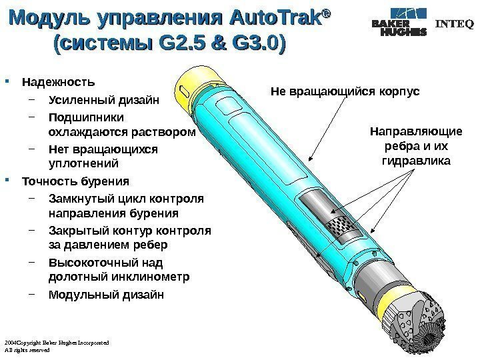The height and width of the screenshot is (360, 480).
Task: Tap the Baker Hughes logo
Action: point(399,24)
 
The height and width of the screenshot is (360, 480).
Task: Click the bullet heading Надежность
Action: point(59,83)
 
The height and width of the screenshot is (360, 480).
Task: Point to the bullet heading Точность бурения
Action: point(77,181)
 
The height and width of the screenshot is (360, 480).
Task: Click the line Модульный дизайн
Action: point(106,295)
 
